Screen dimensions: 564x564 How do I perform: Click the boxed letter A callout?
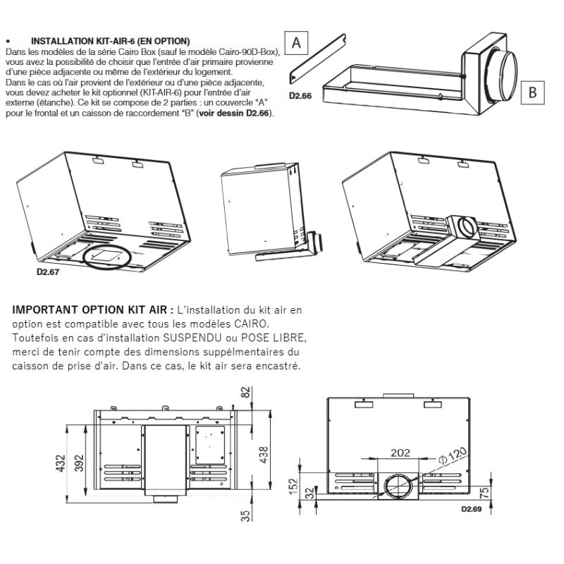tap(296, 42)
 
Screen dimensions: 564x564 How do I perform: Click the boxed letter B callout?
tap(532, 92)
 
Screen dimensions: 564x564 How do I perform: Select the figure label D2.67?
tap(47, 269)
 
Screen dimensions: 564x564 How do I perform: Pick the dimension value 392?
tap(79, 462)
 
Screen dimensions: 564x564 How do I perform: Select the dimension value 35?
tap(245, 515)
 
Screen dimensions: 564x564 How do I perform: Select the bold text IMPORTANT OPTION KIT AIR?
tap(92, 309)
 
